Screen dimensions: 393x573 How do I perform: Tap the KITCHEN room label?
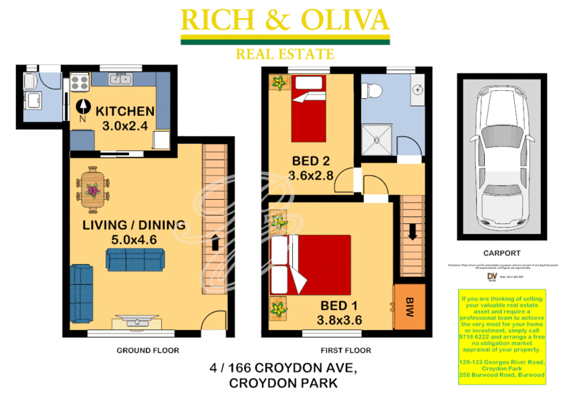click(x=125, y=111)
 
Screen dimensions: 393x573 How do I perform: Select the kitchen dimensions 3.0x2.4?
click(x=125, y=127)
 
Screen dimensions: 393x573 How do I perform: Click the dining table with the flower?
click(x=91, y=189)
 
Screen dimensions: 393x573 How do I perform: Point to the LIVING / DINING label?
click(x=133, y=225)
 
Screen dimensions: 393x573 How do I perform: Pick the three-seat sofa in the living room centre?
click(x=135, y=259)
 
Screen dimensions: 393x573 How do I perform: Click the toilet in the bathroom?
click(x=372, y=91)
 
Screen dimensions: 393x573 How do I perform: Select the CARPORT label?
click(x=501, y=253)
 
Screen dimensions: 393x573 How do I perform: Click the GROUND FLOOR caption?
click(x=148, y=351)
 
